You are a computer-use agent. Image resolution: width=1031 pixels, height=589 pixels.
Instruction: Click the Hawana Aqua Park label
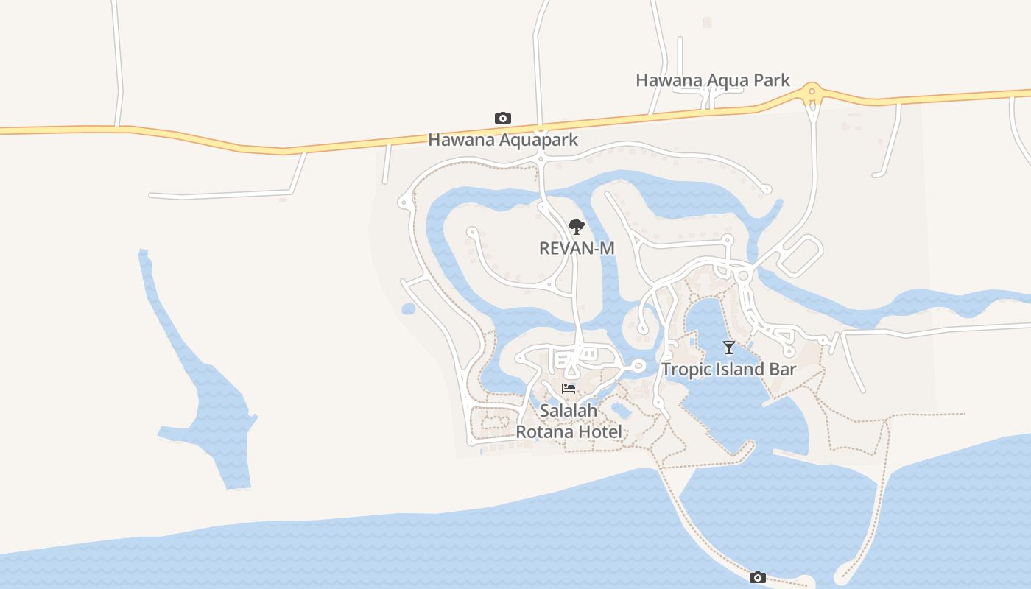click(712, 80)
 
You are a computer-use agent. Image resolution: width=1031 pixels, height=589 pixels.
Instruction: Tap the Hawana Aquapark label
click(503, 140)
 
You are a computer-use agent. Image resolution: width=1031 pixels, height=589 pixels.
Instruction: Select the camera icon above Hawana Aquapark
click(503, 118)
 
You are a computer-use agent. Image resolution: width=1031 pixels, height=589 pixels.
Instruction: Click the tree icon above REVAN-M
click(577, 226)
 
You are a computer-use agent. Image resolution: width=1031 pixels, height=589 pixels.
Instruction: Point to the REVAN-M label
click(577, 248)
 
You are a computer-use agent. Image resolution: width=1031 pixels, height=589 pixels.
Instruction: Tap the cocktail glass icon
click(729, 348)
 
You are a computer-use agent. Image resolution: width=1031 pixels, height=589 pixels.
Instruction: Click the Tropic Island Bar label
click(728, 369)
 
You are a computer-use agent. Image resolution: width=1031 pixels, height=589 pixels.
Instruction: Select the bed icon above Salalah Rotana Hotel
click(569, 389)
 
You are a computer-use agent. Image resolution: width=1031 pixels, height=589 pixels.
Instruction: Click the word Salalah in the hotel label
click(569, 410)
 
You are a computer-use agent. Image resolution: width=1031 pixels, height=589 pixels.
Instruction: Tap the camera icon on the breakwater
click(757, 578)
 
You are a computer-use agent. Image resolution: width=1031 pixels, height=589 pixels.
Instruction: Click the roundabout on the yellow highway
click(812, 93)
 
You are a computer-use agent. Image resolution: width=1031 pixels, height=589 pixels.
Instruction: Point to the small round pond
click(409, 309)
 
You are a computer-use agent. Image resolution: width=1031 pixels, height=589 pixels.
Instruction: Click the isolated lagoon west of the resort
click(214, 412)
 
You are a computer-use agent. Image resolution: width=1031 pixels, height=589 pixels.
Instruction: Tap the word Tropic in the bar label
click(686, 369)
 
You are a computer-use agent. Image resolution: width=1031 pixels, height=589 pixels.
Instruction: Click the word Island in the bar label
click(739, 369)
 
